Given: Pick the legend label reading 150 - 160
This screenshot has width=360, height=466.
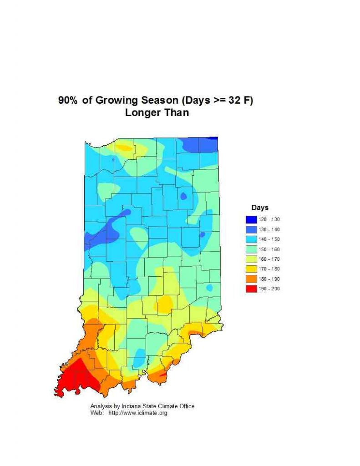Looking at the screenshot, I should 269,249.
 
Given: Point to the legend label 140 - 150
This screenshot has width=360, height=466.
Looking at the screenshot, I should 269,239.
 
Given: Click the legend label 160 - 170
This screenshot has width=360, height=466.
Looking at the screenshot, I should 269,259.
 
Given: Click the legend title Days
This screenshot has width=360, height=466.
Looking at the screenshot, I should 260,208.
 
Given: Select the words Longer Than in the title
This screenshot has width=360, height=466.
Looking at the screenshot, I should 157,113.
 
